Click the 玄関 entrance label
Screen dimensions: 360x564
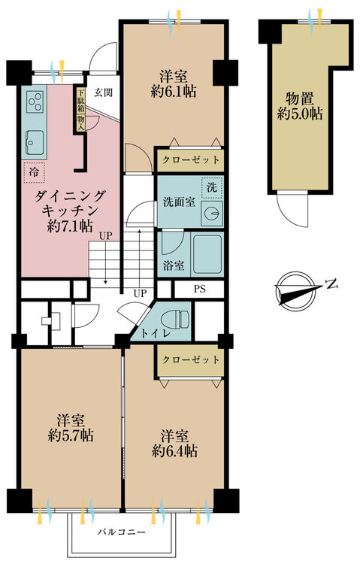click(x=103, y=92)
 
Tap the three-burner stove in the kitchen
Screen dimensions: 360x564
click(x=35, y=101)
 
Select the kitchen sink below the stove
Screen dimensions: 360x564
click(x=35, y=142)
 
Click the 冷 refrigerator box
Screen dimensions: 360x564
click(x=34, y=172)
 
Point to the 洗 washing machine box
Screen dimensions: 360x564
click(x=212, y=187)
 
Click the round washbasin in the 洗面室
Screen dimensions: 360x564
click(x=212, y=214)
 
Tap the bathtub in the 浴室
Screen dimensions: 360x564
click(x=207, y=254)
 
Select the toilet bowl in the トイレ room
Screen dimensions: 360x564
click(x=176, y=319)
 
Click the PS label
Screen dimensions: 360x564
click(x=200, y=289)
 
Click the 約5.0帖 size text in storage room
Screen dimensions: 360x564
click(x=300, y=114)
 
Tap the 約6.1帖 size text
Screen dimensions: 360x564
click(x=174, y=92)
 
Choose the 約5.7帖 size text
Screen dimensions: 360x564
click(x=71, y=435)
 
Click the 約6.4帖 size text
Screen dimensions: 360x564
click(x=174, y=450)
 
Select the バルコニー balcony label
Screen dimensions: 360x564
click(x=122, y=532)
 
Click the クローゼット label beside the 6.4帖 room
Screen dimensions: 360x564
click(x=191, y=359)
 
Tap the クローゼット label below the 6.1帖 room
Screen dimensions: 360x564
click(x=191, y=159)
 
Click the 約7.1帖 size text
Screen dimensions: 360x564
click(x=70, y=226)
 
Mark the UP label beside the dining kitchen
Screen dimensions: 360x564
click(x=106, y=236)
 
